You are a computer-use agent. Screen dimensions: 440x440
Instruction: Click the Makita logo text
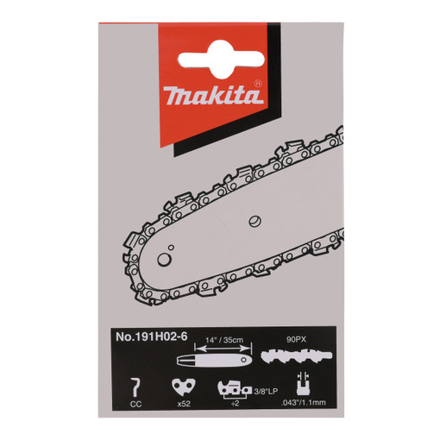pyautogui.click(x=213, y=95)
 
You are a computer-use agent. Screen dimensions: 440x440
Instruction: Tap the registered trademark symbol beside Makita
pyautogui.click(x=258, y=84)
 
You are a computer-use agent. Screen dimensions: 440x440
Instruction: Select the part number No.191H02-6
pyautogui.click(x=151, y=336)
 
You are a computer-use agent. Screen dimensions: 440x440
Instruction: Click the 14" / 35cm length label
pyautogui.click(x=224, y=340)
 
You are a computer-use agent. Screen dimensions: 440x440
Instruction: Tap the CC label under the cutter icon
pyautogui.click(x=135, y=404)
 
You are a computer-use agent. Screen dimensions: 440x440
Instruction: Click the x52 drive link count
pyautogui.click(x=184, y=404)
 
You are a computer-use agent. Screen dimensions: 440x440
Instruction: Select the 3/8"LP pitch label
pyautogui.click(x=266, y=391)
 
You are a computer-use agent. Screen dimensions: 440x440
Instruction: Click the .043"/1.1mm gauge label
pyautogui.click(x=303, y=402)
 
